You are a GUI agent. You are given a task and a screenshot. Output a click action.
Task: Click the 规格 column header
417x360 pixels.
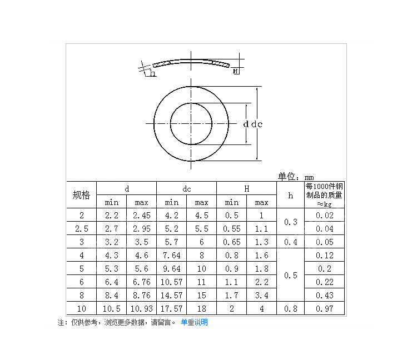tap(81, 195)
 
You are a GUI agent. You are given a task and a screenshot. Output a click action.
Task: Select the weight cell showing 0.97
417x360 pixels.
tap(325, 308)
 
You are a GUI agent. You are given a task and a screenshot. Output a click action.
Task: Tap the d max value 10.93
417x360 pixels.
tap(141, 308)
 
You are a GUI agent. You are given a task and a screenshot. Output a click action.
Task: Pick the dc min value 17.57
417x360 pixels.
tap(171, 308)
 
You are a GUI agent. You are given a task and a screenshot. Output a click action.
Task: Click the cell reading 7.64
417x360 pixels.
tap(171, 256)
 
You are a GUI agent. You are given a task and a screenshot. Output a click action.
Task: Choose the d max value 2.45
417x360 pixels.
tap(141, 216)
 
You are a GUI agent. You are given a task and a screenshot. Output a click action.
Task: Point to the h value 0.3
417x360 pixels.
tap(290, 222)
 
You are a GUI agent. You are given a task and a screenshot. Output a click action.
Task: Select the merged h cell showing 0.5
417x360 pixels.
tap(290, 275)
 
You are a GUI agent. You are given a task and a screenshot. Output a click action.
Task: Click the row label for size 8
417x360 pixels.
tap(81, 296)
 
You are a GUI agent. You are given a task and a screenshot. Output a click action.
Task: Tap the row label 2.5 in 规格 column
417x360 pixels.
tap(81, 229)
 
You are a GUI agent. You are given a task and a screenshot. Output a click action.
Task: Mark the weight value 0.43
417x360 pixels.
tap(325, 296)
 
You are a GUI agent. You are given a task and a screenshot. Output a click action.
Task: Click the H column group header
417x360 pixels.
tap(246, 189)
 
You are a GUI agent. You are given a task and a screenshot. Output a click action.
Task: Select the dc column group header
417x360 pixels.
tap(186, 189)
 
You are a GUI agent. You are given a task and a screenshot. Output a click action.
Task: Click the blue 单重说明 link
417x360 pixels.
tap(194, 322)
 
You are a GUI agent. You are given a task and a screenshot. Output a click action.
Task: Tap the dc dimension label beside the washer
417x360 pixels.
tap(256, 124)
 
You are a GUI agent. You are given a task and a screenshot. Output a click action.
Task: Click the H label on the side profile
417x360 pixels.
tap(236, 71)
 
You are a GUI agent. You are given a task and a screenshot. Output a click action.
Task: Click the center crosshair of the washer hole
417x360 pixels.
tap(191, 123)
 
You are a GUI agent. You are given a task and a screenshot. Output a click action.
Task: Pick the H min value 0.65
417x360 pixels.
tap(231, 242)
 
